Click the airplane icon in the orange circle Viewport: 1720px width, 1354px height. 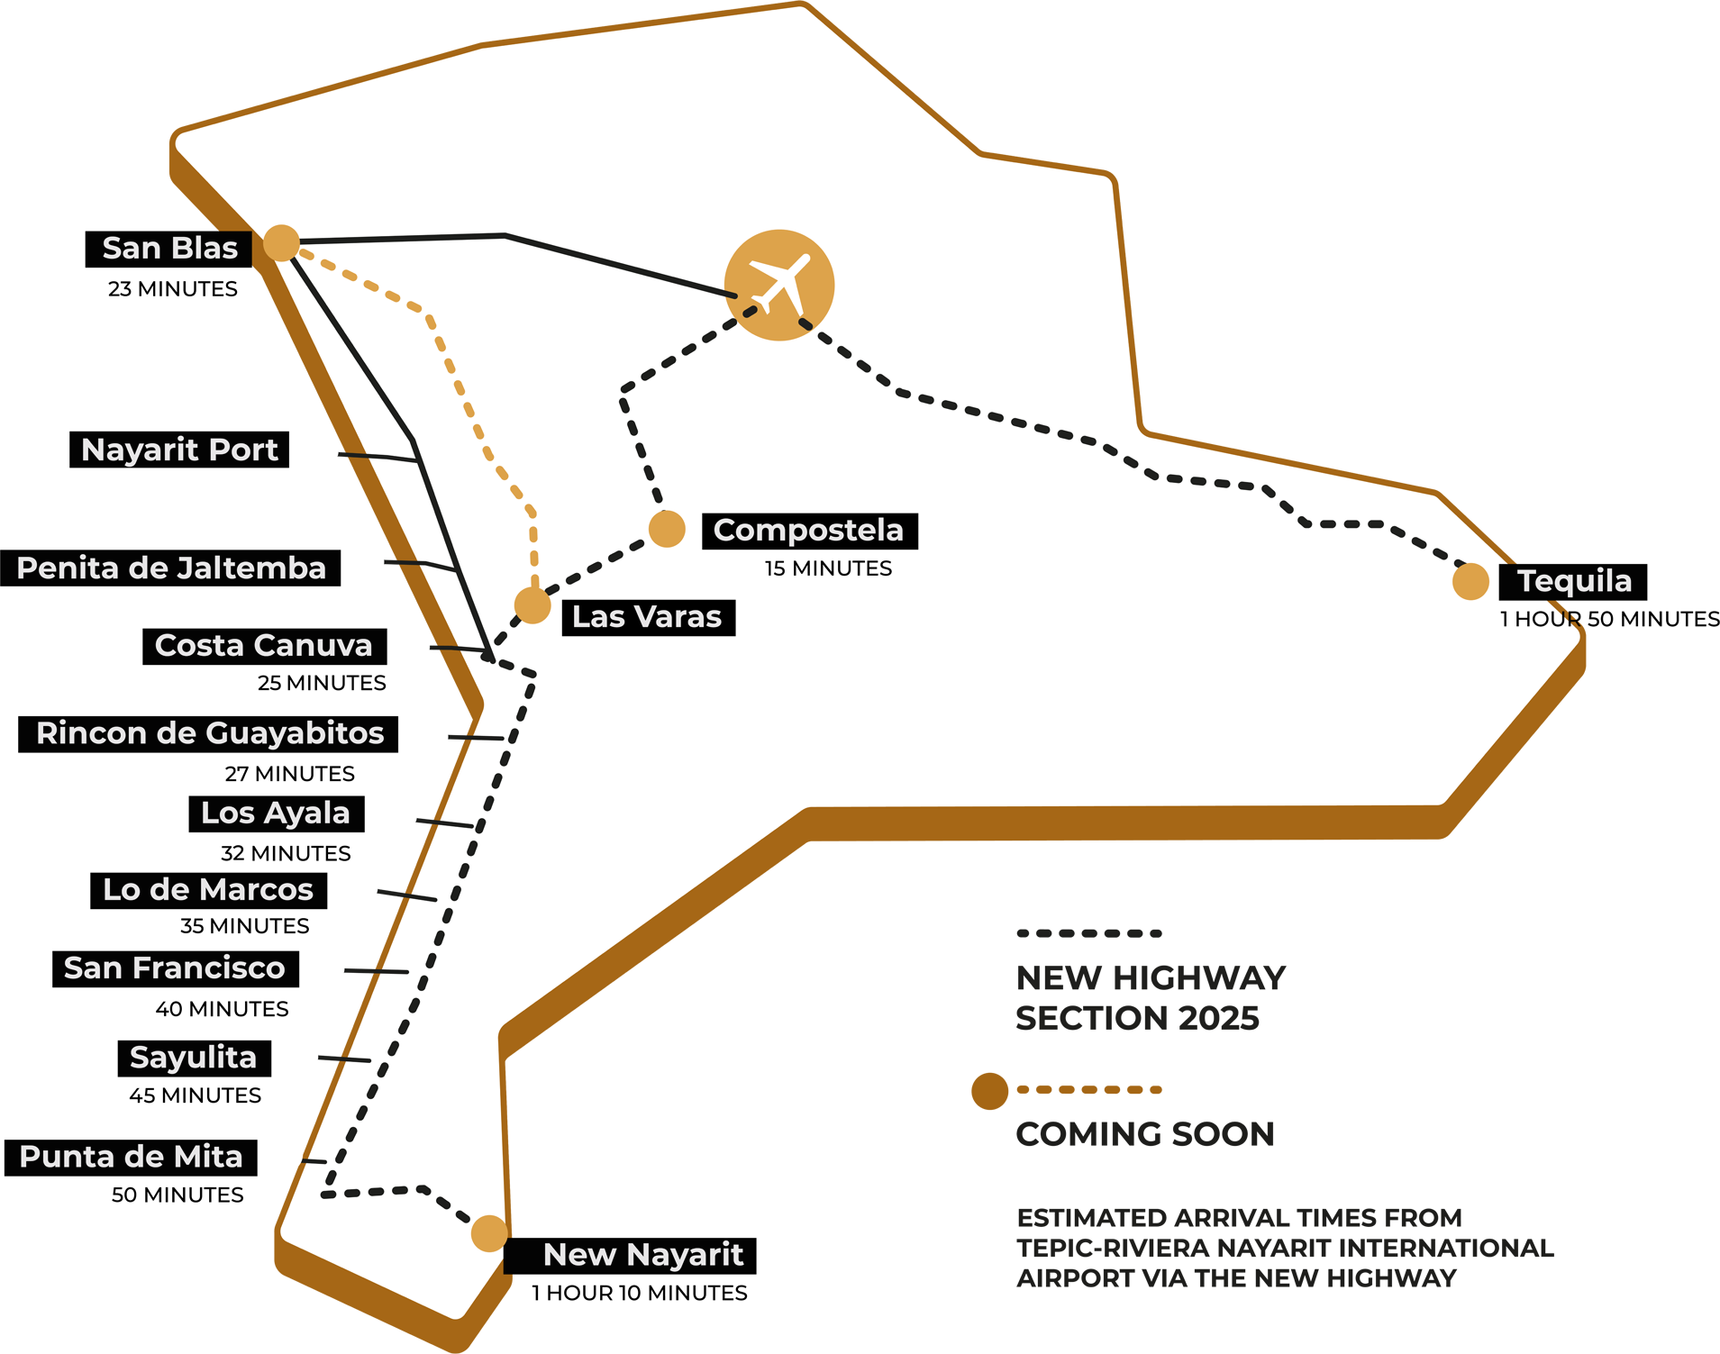[x=779, y=285]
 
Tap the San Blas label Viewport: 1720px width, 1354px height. [x=169, y=248]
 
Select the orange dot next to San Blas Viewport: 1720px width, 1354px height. [x=281, y=243]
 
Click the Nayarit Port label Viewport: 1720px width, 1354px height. [x=179, y=450]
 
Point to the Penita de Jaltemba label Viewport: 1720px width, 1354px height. [x=171, y=568]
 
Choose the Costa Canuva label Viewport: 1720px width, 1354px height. [x=263, y=645]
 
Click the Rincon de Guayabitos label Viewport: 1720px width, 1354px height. [x=210, y=733]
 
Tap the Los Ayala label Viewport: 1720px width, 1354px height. [x=275, y=813]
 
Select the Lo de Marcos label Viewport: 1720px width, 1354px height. [x=208, y=890]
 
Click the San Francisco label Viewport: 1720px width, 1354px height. [x=175, y=968]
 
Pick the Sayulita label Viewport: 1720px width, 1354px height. [x=193, y=1057]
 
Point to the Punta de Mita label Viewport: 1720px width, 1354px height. [x=132, y=1157]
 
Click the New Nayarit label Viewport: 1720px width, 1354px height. [x=643, y=1254]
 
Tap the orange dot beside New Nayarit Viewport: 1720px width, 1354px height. [x=489, y=1233]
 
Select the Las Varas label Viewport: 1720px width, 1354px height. [x=647, y=617]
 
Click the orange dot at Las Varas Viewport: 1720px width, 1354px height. [x=532, y=605]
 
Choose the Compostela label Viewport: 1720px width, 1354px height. [x=808, y=531]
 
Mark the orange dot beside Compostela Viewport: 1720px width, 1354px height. [x=667, y=529]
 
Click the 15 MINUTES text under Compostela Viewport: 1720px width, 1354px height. [x=828, y=568]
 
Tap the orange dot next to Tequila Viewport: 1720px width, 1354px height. [x=1470, y=581]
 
